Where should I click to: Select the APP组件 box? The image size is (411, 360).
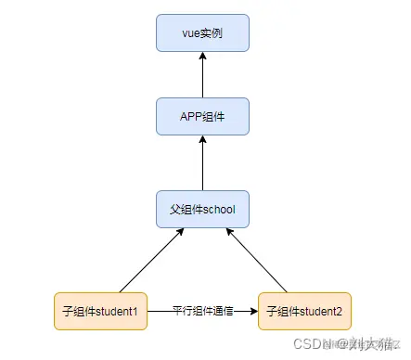tap(202, 116)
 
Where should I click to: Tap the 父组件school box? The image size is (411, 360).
tap(202, 210)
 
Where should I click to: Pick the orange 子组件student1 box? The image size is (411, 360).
tap(99, 311)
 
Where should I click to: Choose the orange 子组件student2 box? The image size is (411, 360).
tap(305, 311)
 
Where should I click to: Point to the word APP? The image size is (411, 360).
tap(191, 116)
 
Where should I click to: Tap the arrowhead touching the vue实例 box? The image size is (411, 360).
tap(202, 56)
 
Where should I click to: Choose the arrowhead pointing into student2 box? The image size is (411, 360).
tap(253, 311)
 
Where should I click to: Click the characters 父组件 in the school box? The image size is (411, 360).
tap(186, 210)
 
